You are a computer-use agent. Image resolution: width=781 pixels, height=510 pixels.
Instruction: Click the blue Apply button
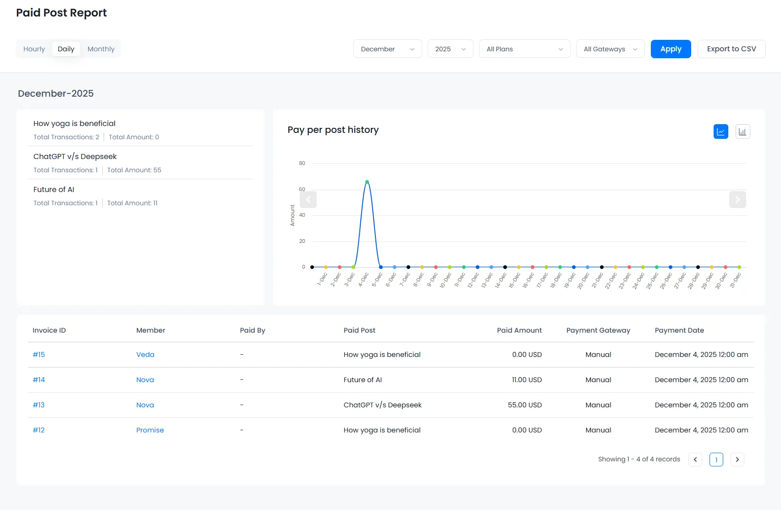(671, 49)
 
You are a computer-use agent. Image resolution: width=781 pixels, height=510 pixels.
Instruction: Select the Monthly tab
(101, 49)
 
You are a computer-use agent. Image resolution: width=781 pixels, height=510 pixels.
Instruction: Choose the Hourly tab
(34, 49)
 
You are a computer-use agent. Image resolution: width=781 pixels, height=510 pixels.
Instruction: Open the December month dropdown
(387, 49)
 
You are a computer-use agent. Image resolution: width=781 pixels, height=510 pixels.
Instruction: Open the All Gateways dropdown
(610, 49)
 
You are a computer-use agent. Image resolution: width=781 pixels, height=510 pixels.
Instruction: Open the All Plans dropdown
(524, 49)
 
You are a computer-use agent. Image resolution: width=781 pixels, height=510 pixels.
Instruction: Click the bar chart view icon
(742, 132)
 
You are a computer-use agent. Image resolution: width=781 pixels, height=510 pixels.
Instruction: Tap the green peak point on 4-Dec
(367, 182)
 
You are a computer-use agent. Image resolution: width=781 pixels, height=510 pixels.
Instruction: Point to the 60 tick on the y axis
(302, 189)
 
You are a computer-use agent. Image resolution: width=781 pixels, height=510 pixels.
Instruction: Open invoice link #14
(39, 380)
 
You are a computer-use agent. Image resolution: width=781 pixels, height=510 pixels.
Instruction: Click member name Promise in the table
(150, 430)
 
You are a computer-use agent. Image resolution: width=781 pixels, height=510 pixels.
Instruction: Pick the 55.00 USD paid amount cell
(524, 405)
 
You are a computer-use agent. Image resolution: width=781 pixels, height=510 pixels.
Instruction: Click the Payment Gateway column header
(598, 330)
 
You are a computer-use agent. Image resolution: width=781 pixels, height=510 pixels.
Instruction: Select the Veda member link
(145, 355)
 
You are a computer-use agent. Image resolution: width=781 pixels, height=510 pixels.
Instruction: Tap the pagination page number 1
(716, 460)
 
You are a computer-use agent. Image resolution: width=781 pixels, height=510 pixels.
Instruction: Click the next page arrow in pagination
(737, 460)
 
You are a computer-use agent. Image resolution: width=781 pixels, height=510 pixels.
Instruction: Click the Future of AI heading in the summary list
(54, 190)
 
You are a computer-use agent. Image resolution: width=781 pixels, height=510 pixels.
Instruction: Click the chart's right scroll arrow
(737, 200)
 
